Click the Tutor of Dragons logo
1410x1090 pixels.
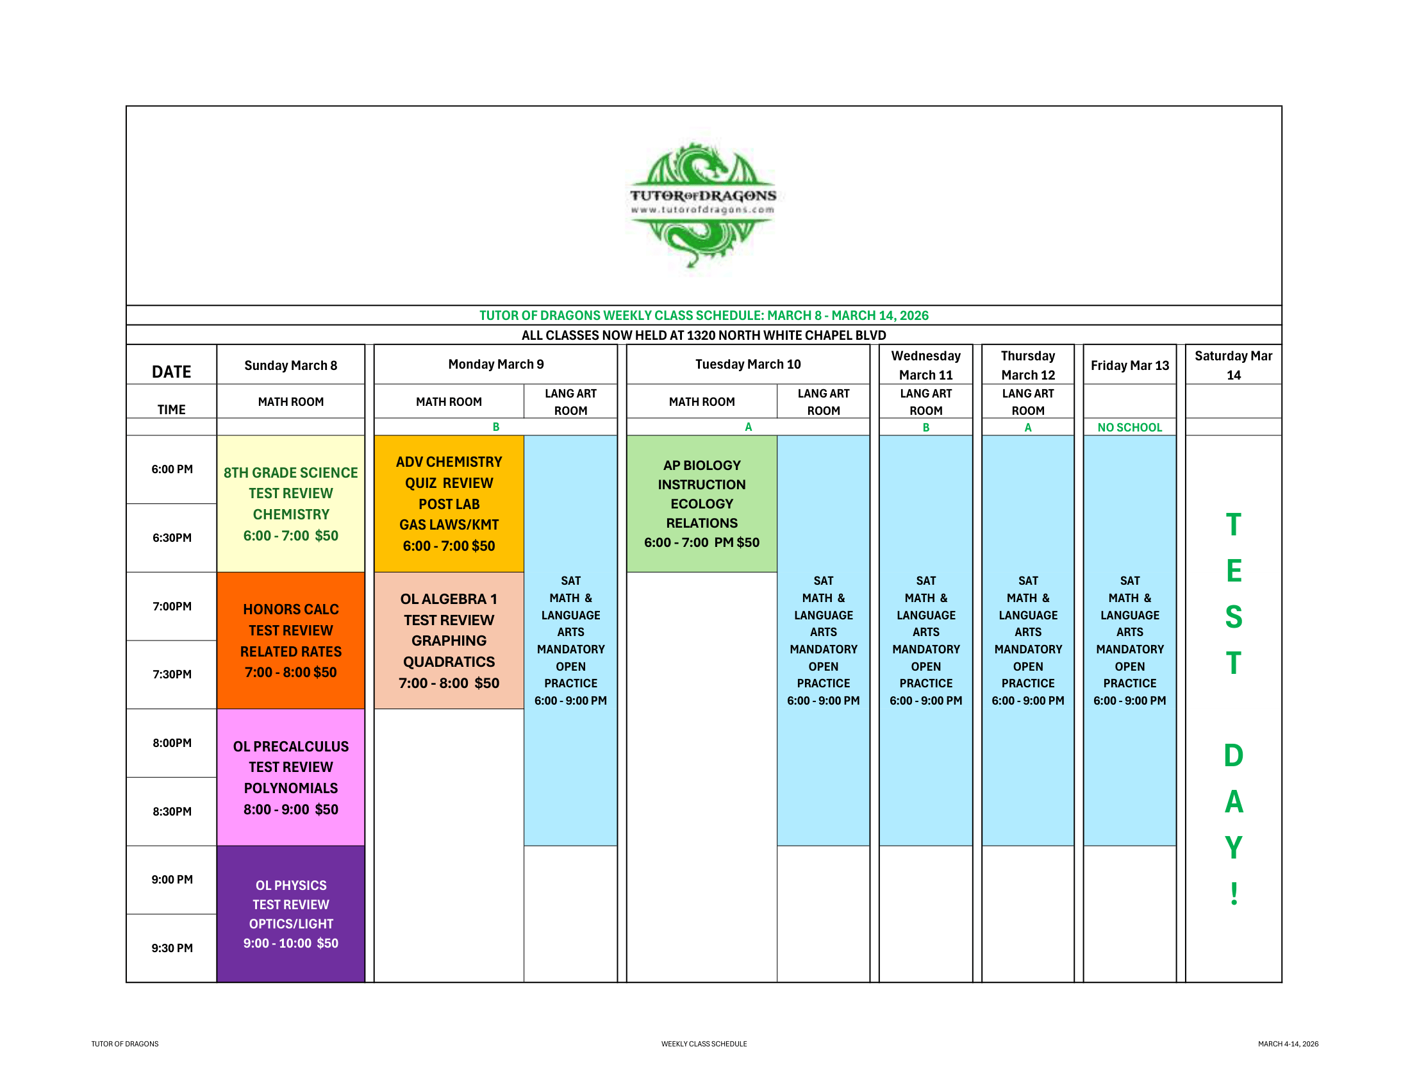point(703,204)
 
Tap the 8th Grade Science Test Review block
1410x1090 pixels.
point(290,504)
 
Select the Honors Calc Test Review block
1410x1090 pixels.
point(290,640)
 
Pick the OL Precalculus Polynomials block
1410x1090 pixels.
point(290,777)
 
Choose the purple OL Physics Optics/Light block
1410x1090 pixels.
point(290,913)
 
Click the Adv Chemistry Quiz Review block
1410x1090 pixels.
point(449,504)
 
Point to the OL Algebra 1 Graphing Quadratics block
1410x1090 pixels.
point(449,640)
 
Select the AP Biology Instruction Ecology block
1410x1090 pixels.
point(702,504)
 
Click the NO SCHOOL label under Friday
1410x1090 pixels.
point(1129,428)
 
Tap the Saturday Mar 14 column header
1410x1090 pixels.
point(1233,365)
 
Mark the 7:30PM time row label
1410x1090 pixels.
point(172,674)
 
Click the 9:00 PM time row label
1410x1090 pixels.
point(172,880)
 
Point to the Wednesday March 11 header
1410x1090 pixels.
point(926,365)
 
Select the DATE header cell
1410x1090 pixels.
point(172,372)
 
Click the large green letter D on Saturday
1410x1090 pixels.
point(1233,755)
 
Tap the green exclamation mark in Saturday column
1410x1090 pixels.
point(1234,894)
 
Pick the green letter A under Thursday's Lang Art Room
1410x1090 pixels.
point(1028,428)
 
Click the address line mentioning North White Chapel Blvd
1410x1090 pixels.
point(704,335)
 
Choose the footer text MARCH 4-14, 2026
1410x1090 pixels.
point(1288,1043)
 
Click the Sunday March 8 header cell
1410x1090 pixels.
point(290,365)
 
